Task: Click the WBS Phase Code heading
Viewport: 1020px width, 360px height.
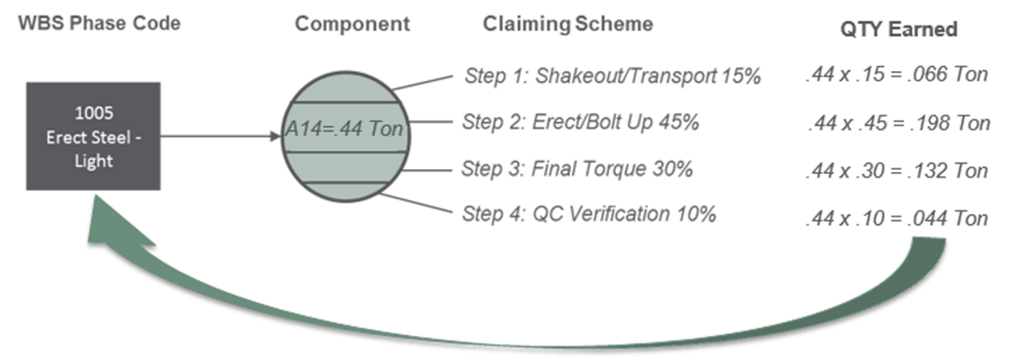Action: (x=99, y=23)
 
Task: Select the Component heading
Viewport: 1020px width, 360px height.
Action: (x=352, y=24)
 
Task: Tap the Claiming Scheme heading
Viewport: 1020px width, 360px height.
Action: (x=568, y=24)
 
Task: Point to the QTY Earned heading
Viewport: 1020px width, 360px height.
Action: (x=898, y=29)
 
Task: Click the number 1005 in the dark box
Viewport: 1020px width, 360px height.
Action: (x=94, y=113)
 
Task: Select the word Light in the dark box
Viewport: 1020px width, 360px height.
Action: (x=94, y=161)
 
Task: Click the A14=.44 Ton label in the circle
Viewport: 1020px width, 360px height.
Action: (x=344, y=129)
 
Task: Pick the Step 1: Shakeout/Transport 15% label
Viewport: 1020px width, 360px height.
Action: (x=612, y=75)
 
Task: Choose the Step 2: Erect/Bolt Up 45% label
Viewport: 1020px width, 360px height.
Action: (x=580, y=122)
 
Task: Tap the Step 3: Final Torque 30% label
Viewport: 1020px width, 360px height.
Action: (x=577, y=169)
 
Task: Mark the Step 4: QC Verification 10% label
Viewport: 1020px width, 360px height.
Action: (x=589, y=214)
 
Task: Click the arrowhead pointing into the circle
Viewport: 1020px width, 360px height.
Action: (x=275, y=136)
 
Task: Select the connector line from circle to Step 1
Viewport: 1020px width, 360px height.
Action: (x=422, y=83)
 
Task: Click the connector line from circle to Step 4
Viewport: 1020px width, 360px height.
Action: (x=416, y=203)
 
